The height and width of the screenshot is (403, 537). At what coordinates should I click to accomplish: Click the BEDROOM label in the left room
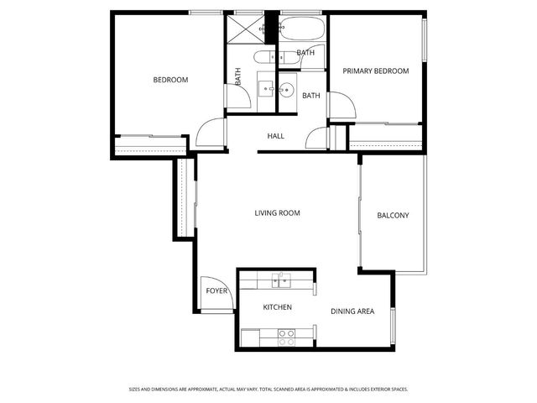pyautogui.click(x=170, y=80)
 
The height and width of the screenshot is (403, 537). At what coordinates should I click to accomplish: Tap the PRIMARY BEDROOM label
pyautogui.click(x=376, y=71)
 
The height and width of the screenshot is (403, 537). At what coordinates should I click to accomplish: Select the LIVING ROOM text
pyautogui.click(x=277, y=213)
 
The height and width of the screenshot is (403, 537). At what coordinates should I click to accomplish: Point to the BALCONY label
pyautogui.click(x=393, y=216)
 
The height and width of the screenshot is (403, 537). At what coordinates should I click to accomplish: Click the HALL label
pyautogui.click(x=275, y=136)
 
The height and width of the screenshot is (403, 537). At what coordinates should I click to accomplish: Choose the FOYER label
pyautogui.click(x=216, y=291)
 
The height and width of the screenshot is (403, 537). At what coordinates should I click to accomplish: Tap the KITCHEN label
pyautogui.click(x=278, y=307)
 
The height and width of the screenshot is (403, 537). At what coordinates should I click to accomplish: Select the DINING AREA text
pyautogui.click(x=352, y=312)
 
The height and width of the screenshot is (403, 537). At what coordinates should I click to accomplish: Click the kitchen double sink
pyautogui.click(x=280, y=280)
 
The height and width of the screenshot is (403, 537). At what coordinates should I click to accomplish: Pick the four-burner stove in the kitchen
pyautogui.click(x=286, y=337)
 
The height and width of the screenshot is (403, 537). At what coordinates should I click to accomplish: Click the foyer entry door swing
pyautogui.click(x=212, y=290)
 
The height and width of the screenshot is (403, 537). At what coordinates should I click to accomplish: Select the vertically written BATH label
pyautogui.click(x=238, y=76)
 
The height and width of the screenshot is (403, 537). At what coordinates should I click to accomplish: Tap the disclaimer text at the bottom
pyautogui.click(x=268, y=389)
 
